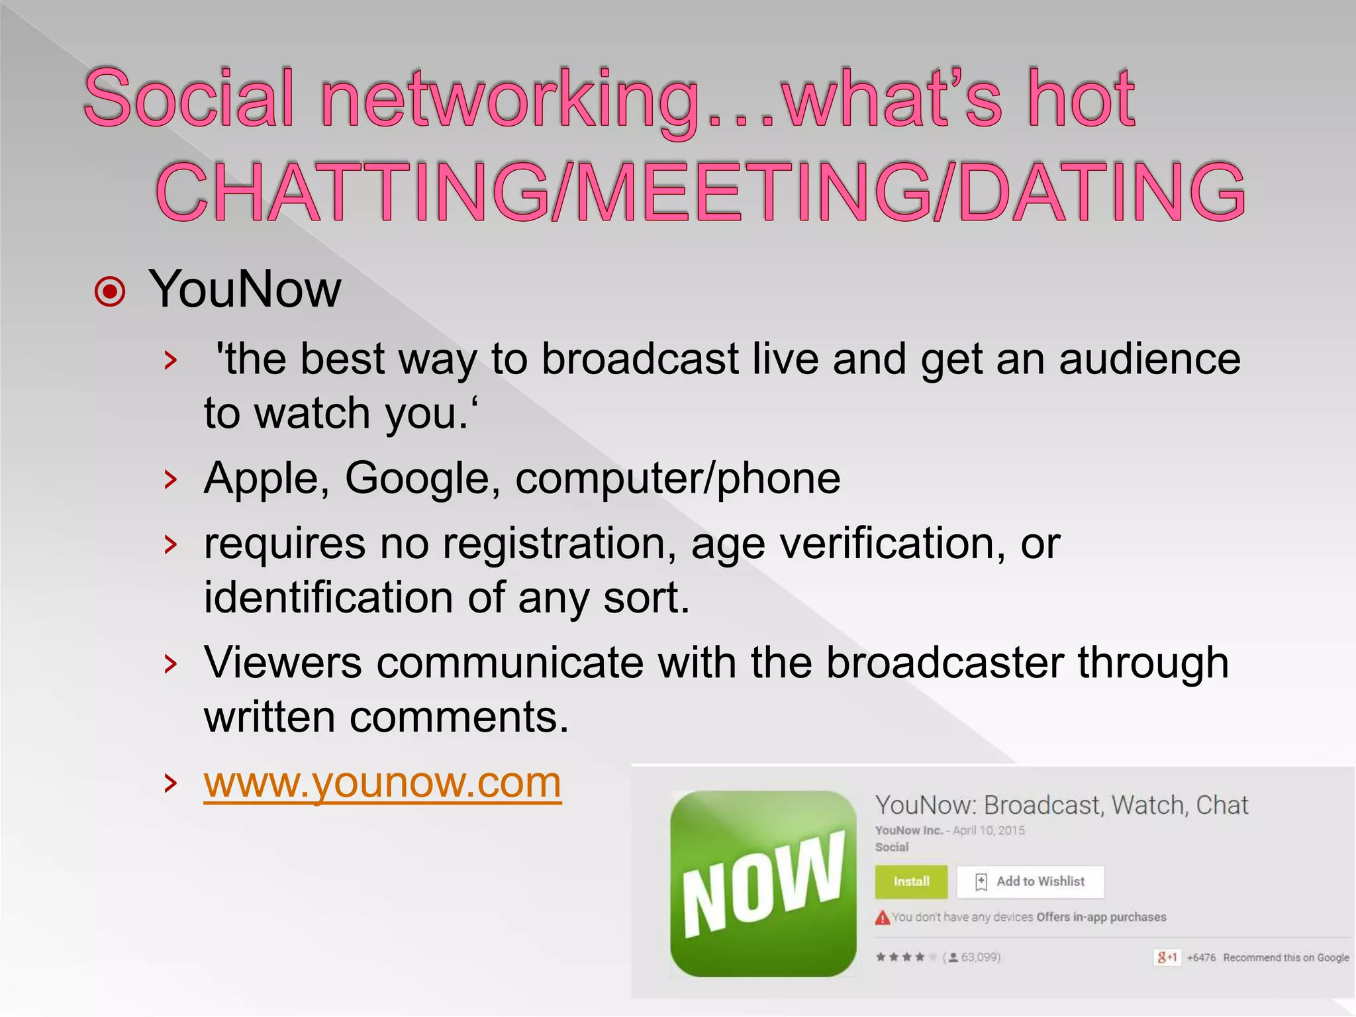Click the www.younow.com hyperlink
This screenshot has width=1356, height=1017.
[x=382, y=783]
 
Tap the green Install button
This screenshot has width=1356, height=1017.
[x=911, y=881]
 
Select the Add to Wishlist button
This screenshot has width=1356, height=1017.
[x=1030, y=881]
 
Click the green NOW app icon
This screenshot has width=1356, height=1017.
[x=763, y=883]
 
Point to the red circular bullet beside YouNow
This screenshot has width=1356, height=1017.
[x=110, y=291]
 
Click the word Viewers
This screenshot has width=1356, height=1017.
[x=283, y=662]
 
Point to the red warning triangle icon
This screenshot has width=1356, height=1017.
[x=883, y=918]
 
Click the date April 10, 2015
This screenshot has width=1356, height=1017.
[x=989, y=830]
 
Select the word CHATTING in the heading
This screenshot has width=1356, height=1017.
[x=352, y=192]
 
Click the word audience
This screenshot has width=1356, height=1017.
[x=1149, y=359]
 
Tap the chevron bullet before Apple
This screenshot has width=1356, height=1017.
[x=171, y=479]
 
